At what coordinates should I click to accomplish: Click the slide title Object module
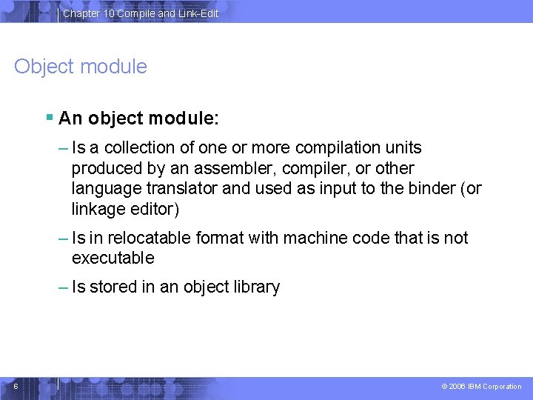coord(81,67)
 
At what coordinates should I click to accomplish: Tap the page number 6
coord(16,386)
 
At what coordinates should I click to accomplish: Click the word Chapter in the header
coord(81,13)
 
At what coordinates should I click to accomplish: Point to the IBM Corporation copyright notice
coord(481,387)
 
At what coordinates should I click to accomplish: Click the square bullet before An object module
coord(49,117)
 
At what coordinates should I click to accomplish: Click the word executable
coord(113,258)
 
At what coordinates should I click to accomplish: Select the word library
coord(255,287)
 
